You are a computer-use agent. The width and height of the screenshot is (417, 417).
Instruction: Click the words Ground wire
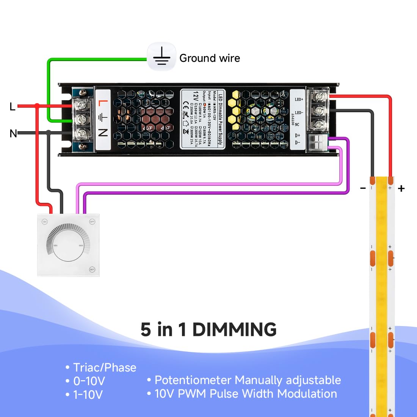[210, 58]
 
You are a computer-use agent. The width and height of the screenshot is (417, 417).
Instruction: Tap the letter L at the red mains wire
[13, 107]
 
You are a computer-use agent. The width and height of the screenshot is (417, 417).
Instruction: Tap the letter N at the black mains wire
[13, 133]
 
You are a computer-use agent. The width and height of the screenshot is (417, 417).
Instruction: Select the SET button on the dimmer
[92, 269]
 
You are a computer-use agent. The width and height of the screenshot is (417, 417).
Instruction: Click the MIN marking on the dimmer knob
[55, 246]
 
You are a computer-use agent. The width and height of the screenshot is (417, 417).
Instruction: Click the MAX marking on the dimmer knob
[81, 246]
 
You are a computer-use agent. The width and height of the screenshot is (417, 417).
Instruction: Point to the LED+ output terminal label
[299, 100]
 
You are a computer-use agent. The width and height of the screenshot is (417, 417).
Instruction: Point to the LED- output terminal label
[299, 113]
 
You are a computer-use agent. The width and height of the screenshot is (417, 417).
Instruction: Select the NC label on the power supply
[297, 124]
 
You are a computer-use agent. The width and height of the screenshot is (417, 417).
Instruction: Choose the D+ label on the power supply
[298, 135]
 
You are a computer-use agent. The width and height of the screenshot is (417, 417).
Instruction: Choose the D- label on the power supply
[298, 143]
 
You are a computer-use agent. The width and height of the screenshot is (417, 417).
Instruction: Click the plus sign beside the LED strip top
[401, 188]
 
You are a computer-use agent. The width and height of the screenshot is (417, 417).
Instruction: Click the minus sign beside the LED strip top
[363, 188]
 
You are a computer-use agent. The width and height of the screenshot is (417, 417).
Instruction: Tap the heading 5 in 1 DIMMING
[208, 329]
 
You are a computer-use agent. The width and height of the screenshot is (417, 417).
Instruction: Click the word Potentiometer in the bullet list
[193, 380]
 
